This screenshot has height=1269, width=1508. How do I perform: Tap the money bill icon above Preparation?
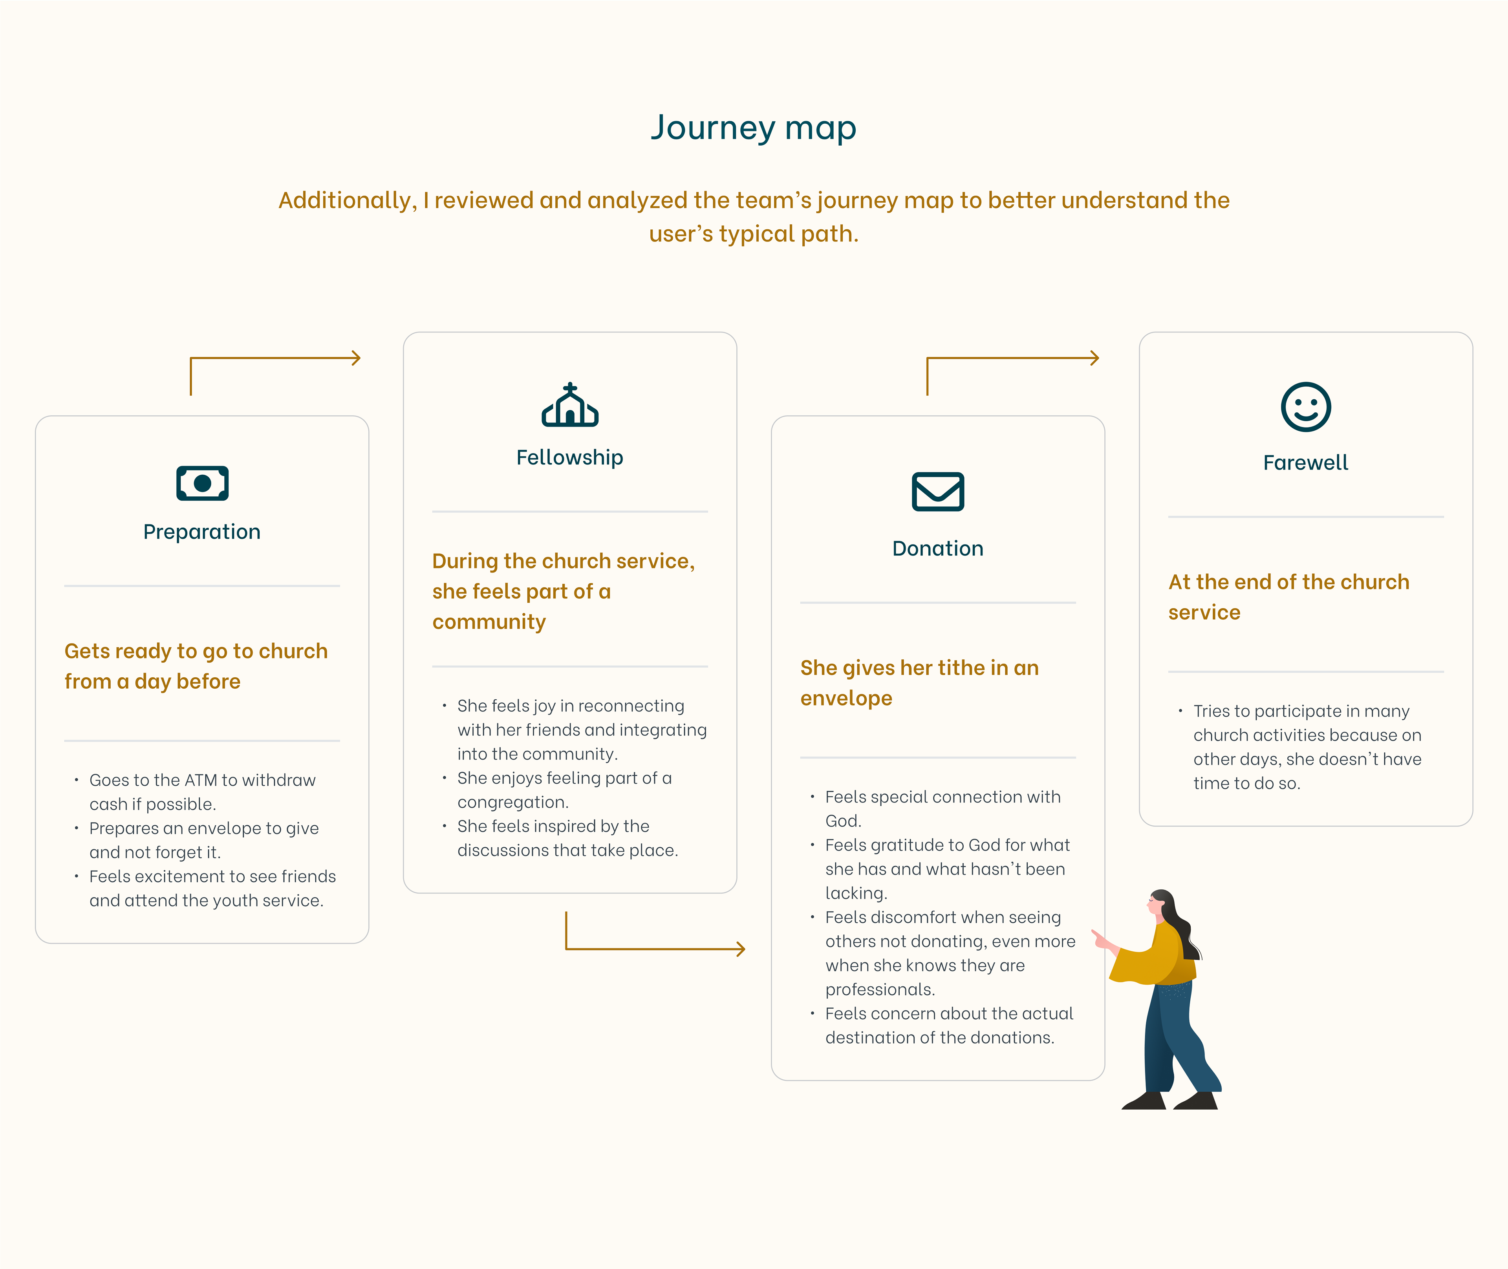click(202, 483)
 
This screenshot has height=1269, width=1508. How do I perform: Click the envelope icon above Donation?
click(937, 491)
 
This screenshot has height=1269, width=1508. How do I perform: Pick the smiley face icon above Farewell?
click(1306, 406)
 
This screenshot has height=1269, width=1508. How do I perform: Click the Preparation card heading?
click(202, 532)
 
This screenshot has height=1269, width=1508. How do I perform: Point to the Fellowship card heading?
click(570, 457)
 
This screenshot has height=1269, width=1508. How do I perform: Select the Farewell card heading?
click(1306, 463)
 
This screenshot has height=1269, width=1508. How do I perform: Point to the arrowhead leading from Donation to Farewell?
click(1094, 358)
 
